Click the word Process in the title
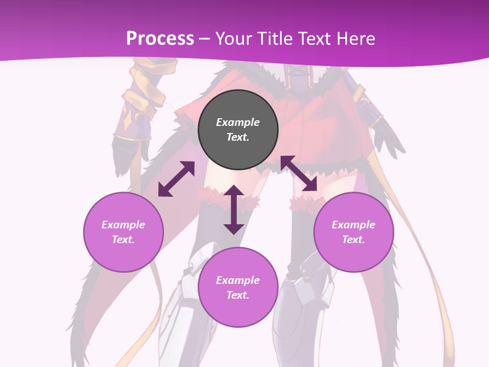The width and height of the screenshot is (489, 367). pyautogui.click(x=160, y=39)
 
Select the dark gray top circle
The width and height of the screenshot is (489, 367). pyautogui.click(x=238, y=129)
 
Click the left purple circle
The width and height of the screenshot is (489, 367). pyautogui.click(x=123, y=232)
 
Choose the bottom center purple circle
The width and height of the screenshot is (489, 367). pyautogui.click(x=238, y=287)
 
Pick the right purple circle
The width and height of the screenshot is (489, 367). pyautogui.click(x=354, y=232)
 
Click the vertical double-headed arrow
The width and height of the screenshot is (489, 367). pyautogui.click(x=234, y=209)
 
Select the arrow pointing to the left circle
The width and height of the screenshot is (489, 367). pyautogui.click(x=176, y=179)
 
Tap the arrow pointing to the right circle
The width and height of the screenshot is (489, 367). pyautogui.click(x=298, y=174)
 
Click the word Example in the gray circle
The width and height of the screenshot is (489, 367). pyautogui.click(x=238, y=122)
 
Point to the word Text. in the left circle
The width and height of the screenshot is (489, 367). pyautogui.click(x=123, y=240)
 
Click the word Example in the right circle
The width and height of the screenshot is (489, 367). pyautogui.click(x=354, y=225)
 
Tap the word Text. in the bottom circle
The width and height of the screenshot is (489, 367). pyautogui.click(x=238, y=295)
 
